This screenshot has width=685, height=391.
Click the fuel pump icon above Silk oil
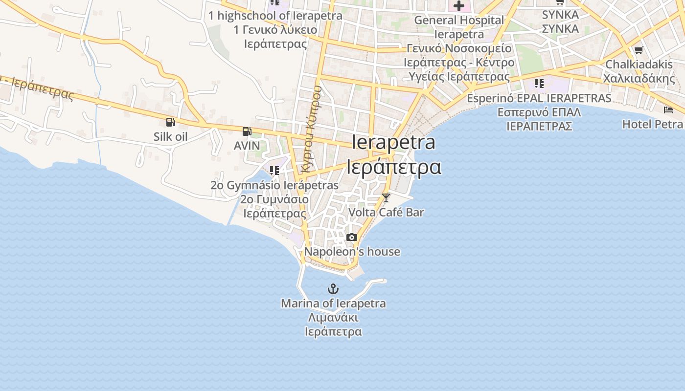click(170, 122)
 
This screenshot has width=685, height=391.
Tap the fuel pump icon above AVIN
click(247, 131)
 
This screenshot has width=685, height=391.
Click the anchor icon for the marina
click(333, 288)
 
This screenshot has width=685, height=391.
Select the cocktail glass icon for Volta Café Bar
click(386, 197)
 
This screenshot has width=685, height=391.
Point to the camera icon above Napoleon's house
click(351, 238)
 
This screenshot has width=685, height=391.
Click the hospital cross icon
click(458, 6)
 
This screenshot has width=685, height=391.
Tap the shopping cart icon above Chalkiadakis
click(639, 50)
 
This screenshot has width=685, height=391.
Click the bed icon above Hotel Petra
click(668, 109)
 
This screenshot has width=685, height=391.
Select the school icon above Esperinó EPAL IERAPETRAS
click(539, 84)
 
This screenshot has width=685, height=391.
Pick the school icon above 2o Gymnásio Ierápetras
click(274, 171)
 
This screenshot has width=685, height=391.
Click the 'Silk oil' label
click(170, 136)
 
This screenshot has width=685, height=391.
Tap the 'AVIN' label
click(247, 146)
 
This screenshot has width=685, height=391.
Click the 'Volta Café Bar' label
click(386, 212)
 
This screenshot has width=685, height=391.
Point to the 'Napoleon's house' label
click(352, 252)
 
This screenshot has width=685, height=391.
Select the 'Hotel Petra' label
click(652, 124)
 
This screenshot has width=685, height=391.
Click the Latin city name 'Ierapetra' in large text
click(393, 142)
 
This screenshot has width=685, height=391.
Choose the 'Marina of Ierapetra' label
click(333, 304)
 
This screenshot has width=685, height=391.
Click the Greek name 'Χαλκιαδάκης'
click(639, 79)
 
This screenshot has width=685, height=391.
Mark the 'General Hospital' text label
click(459, 20)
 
